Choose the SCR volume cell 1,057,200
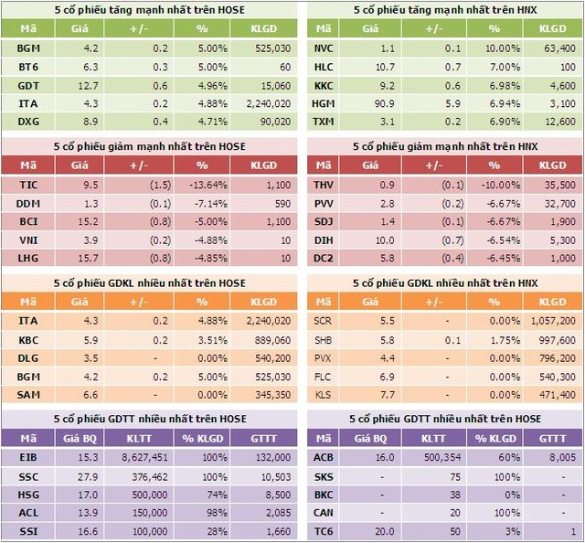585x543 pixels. pyautogui.click(x=550, y=321)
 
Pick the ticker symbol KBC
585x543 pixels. pyautogui.click(x=27, y=339)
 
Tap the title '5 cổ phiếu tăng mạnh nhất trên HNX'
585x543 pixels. pyautogui.click(x=444, y=9)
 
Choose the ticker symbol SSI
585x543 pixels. pyautogui.click(x=27, y=531)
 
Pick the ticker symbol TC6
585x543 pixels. pyautogui.click(x=324, y=531)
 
